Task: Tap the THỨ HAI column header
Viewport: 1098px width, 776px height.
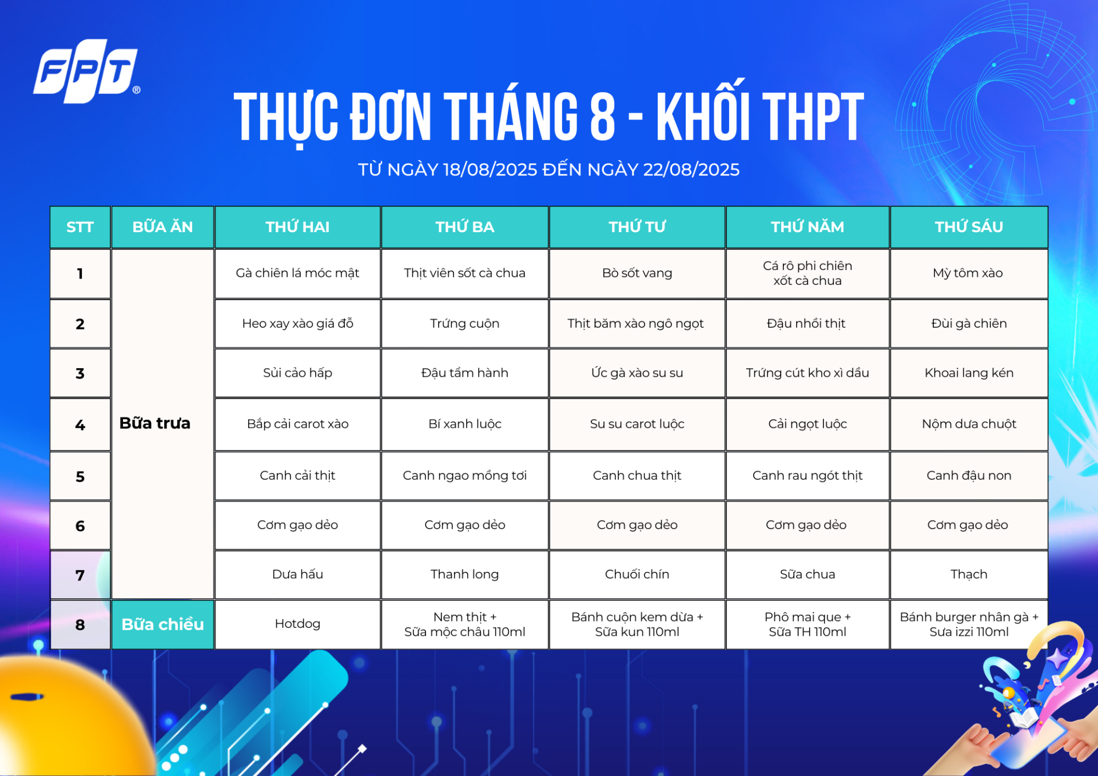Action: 297,227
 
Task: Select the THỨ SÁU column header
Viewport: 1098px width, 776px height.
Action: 969,227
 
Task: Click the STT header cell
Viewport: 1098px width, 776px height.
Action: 80,227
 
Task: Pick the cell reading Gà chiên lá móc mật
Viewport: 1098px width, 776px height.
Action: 297,273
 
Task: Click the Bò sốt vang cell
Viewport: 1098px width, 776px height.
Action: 637,273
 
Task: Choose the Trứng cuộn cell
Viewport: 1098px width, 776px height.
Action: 464,324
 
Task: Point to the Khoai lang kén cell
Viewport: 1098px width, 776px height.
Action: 969,373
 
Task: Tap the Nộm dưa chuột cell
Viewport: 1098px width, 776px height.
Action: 969,424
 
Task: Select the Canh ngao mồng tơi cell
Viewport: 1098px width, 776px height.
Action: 464,476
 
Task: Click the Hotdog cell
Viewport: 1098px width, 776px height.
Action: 297,624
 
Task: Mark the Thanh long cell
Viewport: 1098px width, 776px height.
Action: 464,574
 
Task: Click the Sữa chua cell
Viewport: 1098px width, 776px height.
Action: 807,574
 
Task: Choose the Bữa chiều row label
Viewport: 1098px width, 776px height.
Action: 162,624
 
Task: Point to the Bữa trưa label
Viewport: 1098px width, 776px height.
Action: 155,423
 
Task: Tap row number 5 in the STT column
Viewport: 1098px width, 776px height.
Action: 80,476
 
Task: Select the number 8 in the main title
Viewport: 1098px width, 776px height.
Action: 602,117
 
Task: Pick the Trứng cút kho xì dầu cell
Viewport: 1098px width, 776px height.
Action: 807,373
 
